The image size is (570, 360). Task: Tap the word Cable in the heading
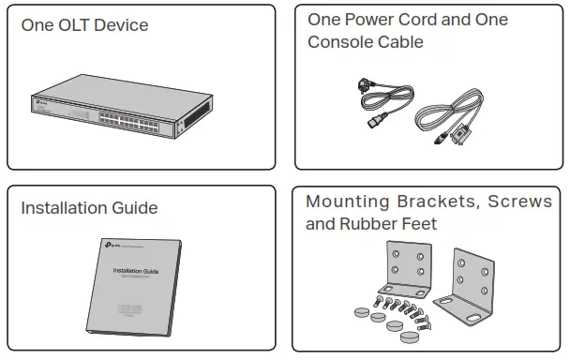click(x=401, y=42)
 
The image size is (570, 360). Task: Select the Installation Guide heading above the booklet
click(x=89, y=207)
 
